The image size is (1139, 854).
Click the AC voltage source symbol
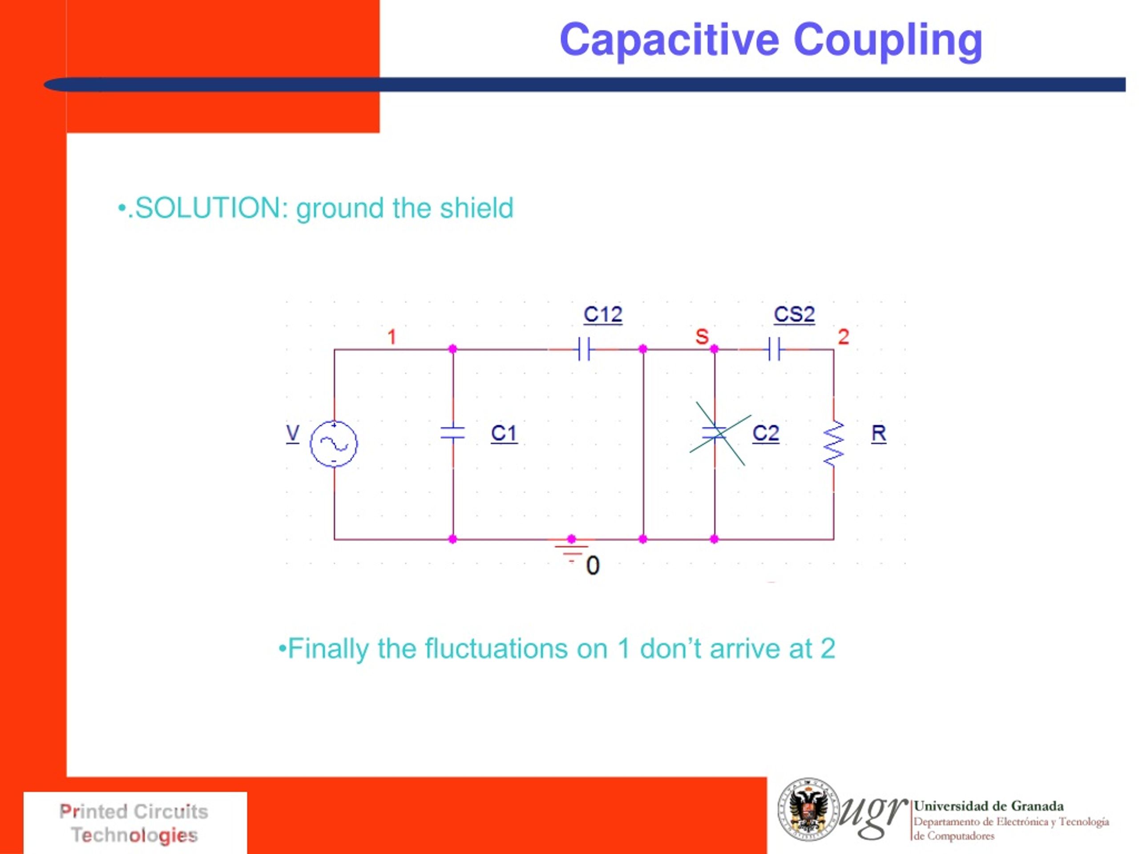point(334,443)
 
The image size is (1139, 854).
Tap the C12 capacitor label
point(602,314)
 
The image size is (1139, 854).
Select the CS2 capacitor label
point(794,314)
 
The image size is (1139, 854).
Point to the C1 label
point(504,433)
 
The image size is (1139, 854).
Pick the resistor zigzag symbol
point(834,443)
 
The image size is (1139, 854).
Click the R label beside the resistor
point(878,433)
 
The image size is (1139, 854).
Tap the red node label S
point(702,337)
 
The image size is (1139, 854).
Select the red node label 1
point(392,337)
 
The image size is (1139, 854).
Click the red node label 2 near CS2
point(844,337)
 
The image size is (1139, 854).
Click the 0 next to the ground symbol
point(593,566)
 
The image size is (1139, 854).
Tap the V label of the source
point(292,433)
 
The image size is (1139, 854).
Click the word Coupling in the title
point(888,40)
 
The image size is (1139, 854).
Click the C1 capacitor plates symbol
point(453,433)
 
